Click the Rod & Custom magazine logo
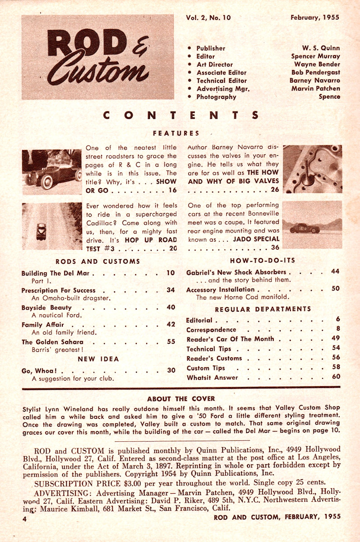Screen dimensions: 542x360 click(97, 57)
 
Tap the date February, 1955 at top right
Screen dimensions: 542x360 click(315, 18)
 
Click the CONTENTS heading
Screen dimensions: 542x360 click(181, 115)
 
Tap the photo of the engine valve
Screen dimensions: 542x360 click(312, 169)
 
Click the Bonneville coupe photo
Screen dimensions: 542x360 click(312, 224)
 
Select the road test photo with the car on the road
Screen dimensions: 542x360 click(52, 226)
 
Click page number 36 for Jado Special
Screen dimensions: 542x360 click(275, 247)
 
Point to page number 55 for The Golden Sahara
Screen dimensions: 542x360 click(171, 341)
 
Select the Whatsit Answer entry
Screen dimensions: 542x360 click(212, 377)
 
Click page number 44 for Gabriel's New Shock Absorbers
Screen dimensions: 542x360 click(335, 271)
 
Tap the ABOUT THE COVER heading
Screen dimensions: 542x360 click(181, 399)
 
